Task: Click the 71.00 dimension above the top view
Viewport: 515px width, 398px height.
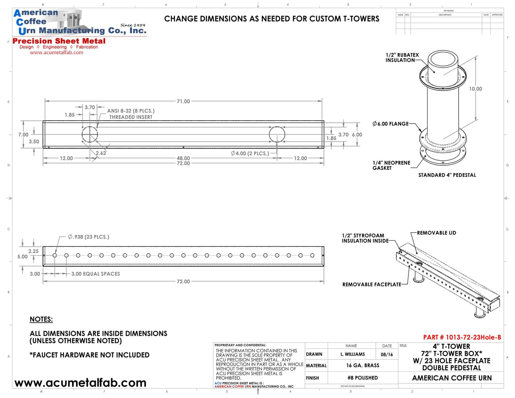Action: point(183,101)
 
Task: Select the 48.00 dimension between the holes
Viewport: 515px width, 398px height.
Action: point(183,158)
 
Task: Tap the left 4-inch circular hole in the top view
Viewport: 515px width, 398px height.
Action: point(90,134)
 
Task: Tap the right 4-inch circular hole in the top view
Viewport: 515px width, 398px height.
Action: point(277,134)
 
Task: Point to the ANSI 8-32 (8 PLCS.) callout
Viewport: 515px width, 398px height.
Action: point(131,111)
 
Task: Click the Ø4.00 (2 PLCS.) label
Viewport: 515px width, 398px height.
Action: point(250,153)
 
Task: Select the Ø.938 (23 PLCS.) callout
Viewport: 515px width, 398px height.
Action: point(89,237)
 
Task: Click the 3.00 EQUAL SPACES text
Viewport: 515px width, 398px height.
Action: point(95,274)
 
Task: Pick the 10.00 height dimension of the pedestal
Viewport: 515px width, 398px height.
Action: point(475,89)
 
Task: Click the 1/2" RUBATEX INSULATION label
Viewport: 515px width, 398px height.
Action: point(402,58)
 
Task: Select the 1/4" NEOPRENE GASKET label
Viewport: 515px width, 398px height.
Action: point(391,165)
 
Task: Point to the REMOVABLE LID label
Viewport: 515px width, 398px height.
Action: point(436,233)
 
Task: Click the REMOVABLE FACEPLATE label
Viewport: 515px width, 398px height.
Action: point(371,285)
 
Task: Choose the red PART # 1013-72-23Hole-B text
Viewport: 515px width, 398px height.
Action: point(462,337)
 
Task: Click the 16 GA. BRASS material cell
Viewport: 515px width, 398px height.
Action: point(363,365)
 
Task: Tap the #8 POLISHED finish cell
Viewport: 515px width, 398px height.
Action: point(363,378)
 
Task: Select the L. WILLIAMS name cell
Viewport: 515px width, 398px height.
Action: point(352,355)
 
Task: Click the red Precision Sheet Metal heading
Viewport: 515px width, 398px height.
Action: point(59,41)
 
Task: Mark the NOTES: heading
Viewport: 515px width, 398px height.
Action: point(41,320)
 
